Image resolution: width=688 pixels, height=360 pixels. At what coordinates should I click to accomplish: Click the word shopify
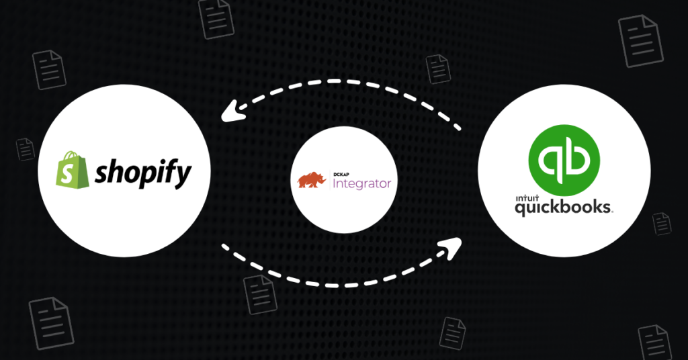142,173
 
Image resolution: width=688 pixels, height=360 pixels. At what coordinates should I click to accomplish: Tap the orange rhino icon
314,180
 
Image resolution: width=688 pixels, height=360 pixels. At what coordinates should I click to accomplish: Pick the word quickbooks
563,208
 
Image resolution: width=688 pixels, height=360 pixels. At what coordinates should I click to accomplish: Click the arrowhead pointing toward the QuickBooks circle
451,248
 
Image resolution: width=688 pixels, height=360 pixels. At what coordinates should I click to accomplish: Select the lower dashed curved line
336,278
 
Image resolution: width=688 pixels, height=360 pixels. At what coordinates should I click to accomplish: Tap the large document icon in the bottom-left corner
51,322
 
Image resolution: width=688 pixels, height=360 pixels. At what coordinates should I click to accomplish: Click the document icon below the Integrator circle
259,294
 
